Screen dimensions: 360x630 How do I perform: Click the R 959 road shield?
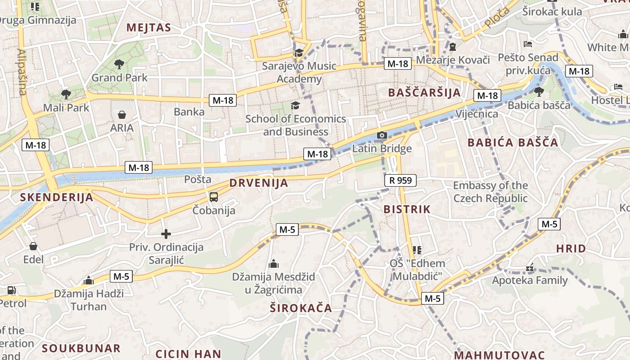click(400, 180)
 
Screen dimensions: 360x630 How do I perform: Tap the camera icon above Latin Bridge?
click(382, 135)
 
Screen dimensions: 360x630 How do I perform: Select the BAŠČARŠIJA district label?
click(424, 93)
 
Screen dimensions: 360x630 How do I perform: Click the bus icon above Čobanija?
click(214, 197)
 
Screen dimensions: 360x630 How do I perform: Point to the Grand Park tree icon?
click(119, 64)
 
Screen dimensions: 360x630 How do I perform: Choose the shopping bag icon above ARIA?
click(121, 115)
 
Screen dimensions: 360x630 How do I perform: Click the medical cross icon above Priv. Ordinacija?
click(166, 234)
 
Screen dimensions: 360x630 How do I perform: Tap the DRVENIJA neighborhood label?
click(259, 183)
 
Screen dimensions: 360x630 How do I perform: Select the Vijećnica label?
click(477, 113)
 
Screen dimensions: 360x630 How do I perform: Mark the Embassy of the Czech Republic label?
click(490, 192)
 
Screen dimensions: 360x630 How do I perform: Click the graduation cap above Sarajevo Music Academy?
click(299, 53)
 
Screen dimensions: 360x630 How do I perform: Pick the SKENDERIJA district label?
click(57, 197)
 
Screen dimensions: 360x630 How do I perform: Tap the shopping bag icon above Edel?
click(33, 246)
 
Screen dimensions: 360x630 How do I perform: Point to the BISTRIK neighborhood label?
click(407, 209)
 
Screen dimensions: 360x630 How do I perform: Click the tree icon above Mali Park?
click(66, 94)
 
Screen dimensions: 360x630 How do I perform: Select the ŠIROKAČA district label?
click(301, 308)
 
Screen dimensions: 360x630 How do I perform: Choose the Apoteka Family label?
click(530, 280)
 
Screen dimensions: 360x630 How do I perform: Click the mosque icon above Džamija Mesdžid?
click(273, 264)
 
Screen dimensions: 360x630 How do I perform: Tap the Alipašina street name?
click(22, 72)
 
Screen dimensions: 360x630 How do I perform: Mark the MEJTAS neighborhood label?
click(148, 27)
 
